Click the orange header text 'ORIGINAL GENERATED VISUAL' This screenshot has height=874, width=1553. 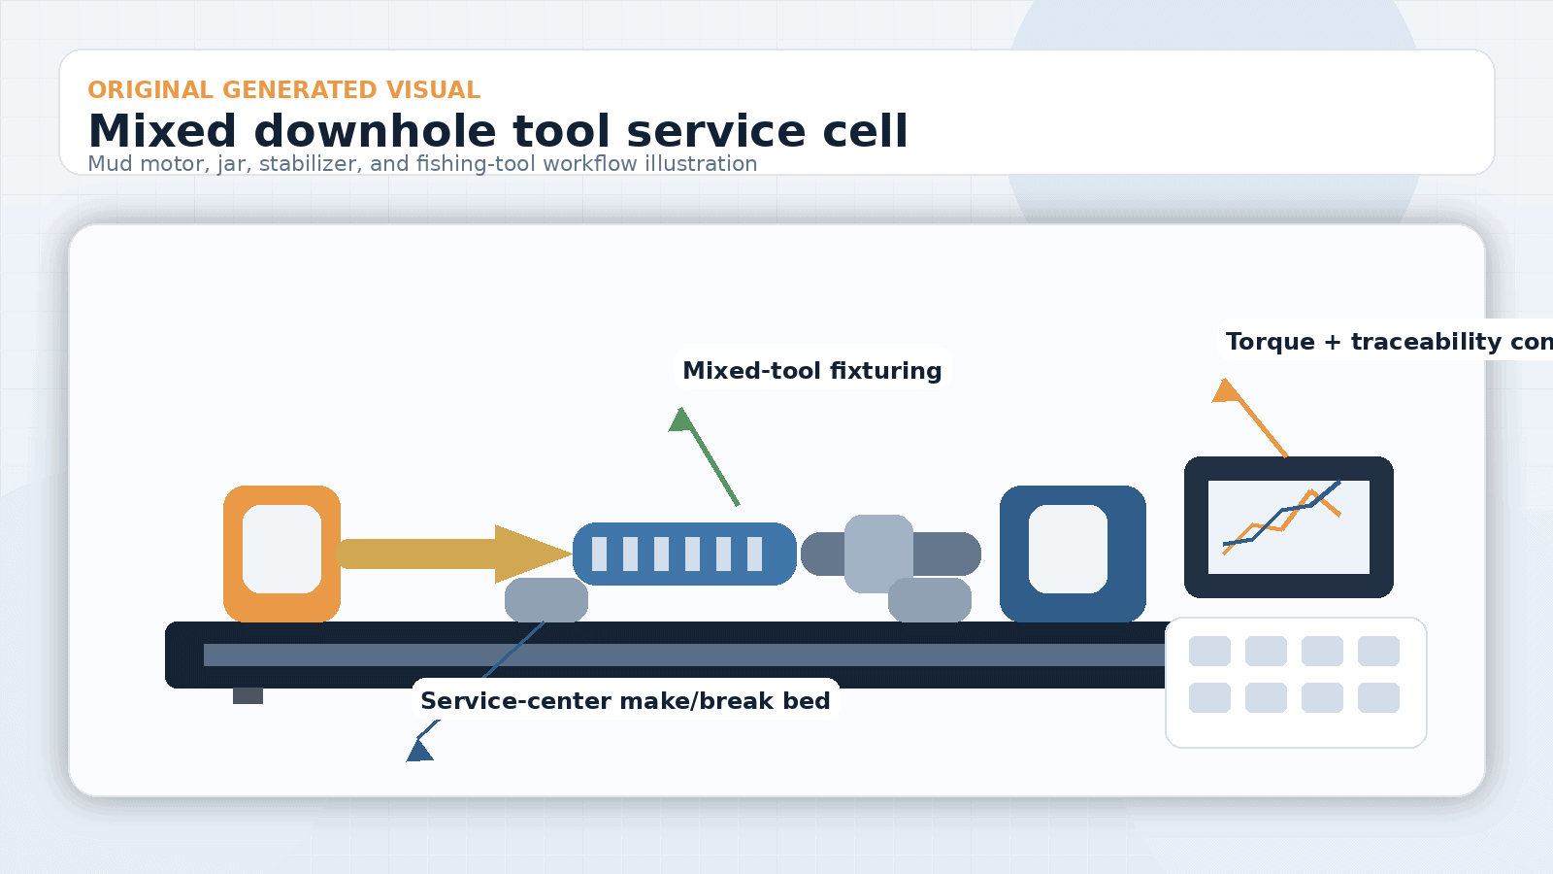tap(283, 89)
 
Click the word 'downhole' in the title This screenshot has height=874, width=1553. tap(375, 131)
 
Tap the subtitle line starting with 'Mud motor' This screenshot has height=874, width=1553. tap(422, 163)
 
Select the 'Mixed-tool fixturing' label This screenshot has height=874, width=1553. tap(811, 370)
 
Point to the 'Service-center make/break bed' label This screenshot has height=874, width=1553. tap(625, 700)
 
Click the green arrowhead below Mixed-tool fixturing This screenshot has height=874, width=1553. tap(681, 420)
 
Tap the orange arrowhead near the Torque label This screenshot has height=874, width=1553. tap(1226, 391)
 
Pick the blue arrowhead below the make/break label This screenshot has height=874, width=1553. tap(419, 752)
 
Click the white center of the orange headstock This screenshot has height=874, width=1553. tap(281, 549)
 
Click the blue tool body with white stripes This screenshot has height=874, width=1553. tap(684, 554)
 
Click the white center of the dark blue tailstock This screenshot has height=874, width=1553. tap(1068, 549)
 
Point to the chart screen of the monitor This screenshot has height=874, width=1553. tap(1288, 526)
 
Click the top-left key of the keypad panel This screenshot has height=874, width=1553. tap(1209, 651)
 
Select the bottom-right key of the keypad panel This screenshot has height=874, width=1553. tap(1378, 697)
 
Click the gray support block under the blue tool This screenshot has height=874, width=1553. tap(545, 600)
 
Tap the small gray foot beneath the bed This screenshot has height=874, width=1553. tap(248, 695)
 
